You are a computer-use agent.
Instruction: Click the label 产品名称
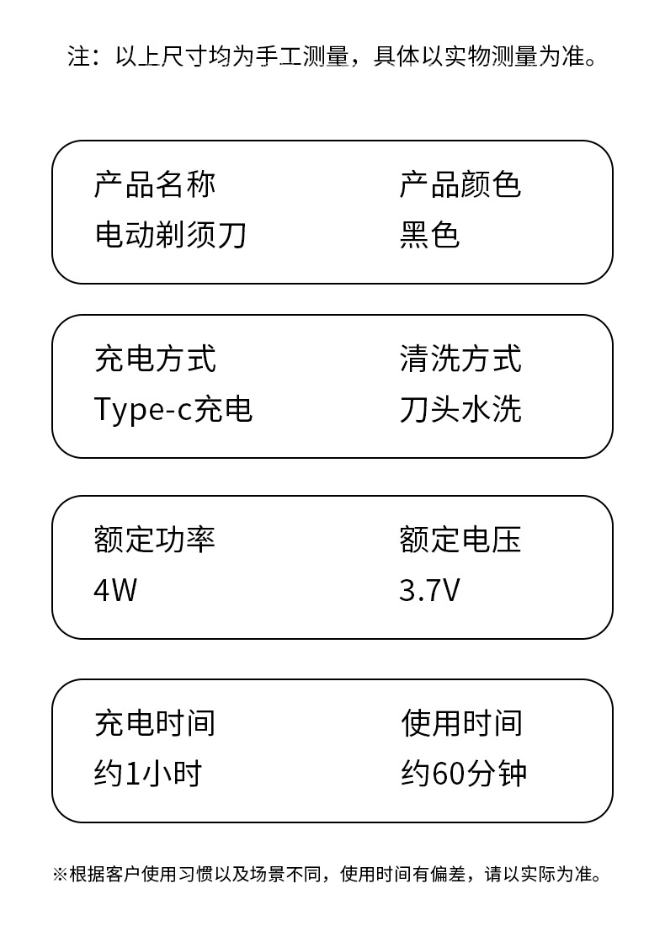coord(155,184)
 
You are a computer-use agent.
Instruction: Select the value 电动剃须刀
coord(170,235)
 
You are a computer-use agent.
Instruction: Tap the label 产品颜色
coord(460,184)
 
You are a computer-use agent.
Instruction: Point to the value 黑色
coord(429,235)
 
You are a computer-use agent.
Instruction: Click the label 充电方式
coord(155,359)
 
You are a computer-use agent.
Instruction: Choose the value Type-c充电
coord(173,409)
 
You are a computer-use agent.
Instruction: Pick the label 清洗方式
coord(460,359)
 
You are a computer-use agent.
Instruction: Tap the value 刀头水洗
coord(460,409)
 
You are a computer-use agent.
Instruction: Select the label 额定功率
coord(155,540)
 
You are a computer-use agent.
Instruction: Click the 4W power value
coord(114,590)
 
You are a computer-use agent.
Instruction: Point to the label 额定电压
coord(460,540)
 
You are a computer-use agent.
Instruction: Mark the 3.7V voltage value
coord(429,590)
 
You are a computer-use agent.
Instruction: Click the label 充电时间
coord(155,722)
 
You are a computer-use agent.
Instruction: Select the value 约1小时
coord(147,773)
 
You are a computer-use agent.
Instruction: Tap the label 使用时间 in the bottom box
coord(461,722)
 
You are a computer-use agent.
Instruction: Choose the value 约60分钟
coord(464,773)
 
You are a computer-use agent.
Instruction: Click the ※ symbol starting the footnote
coord(60,875)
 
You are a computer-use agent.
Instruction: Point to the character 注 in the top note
coord(78,58)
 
